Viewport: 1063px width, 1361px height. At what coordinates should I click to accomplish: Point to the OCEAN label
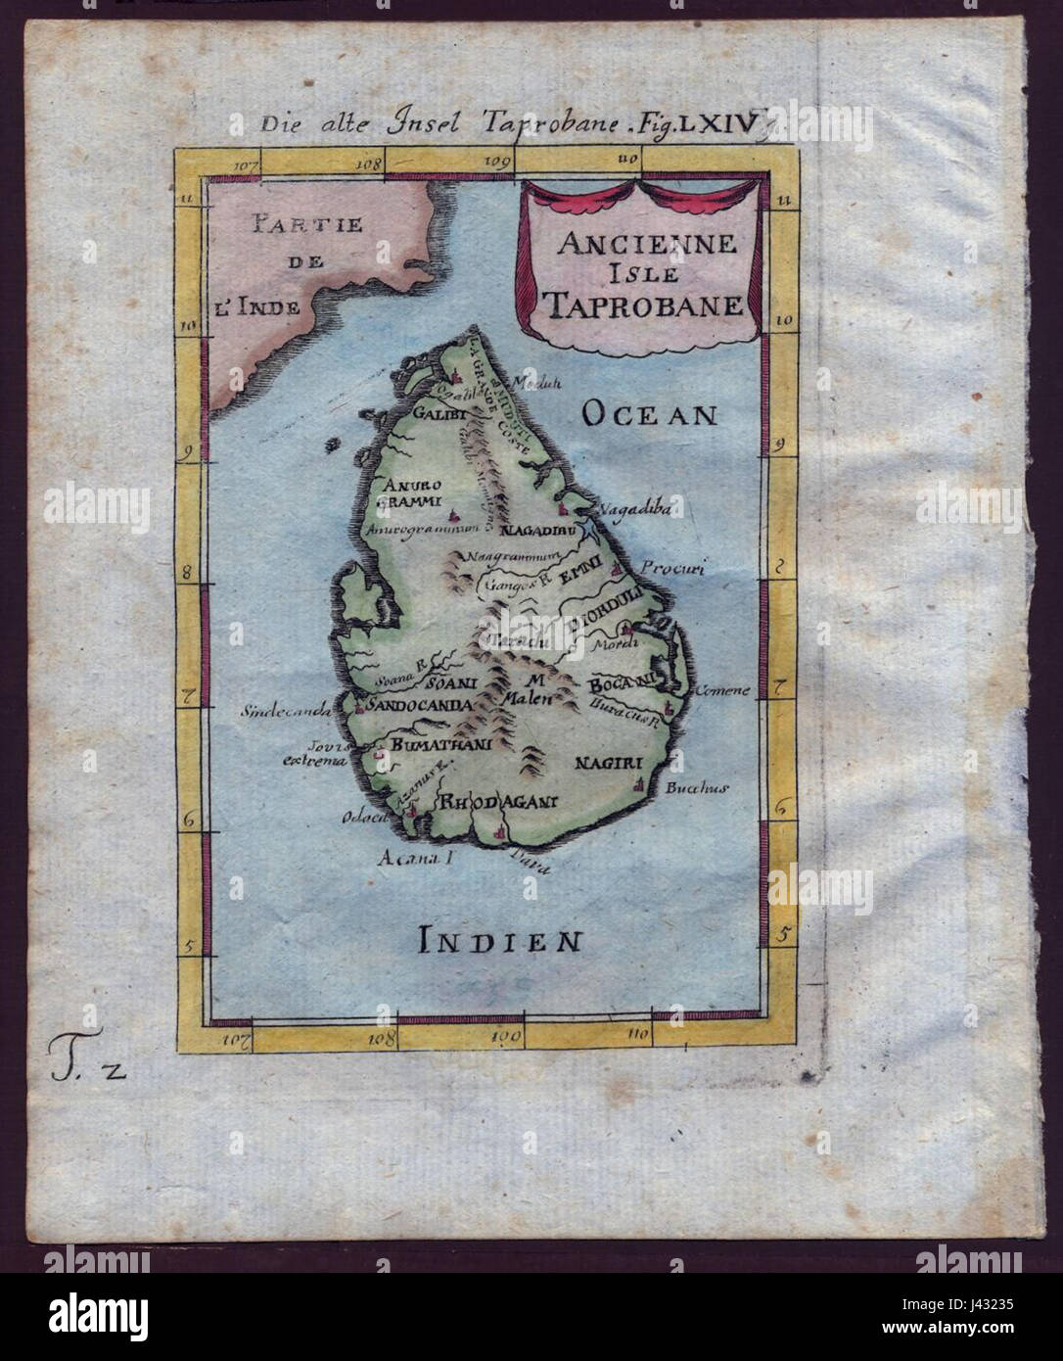[x=649, y=415]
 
